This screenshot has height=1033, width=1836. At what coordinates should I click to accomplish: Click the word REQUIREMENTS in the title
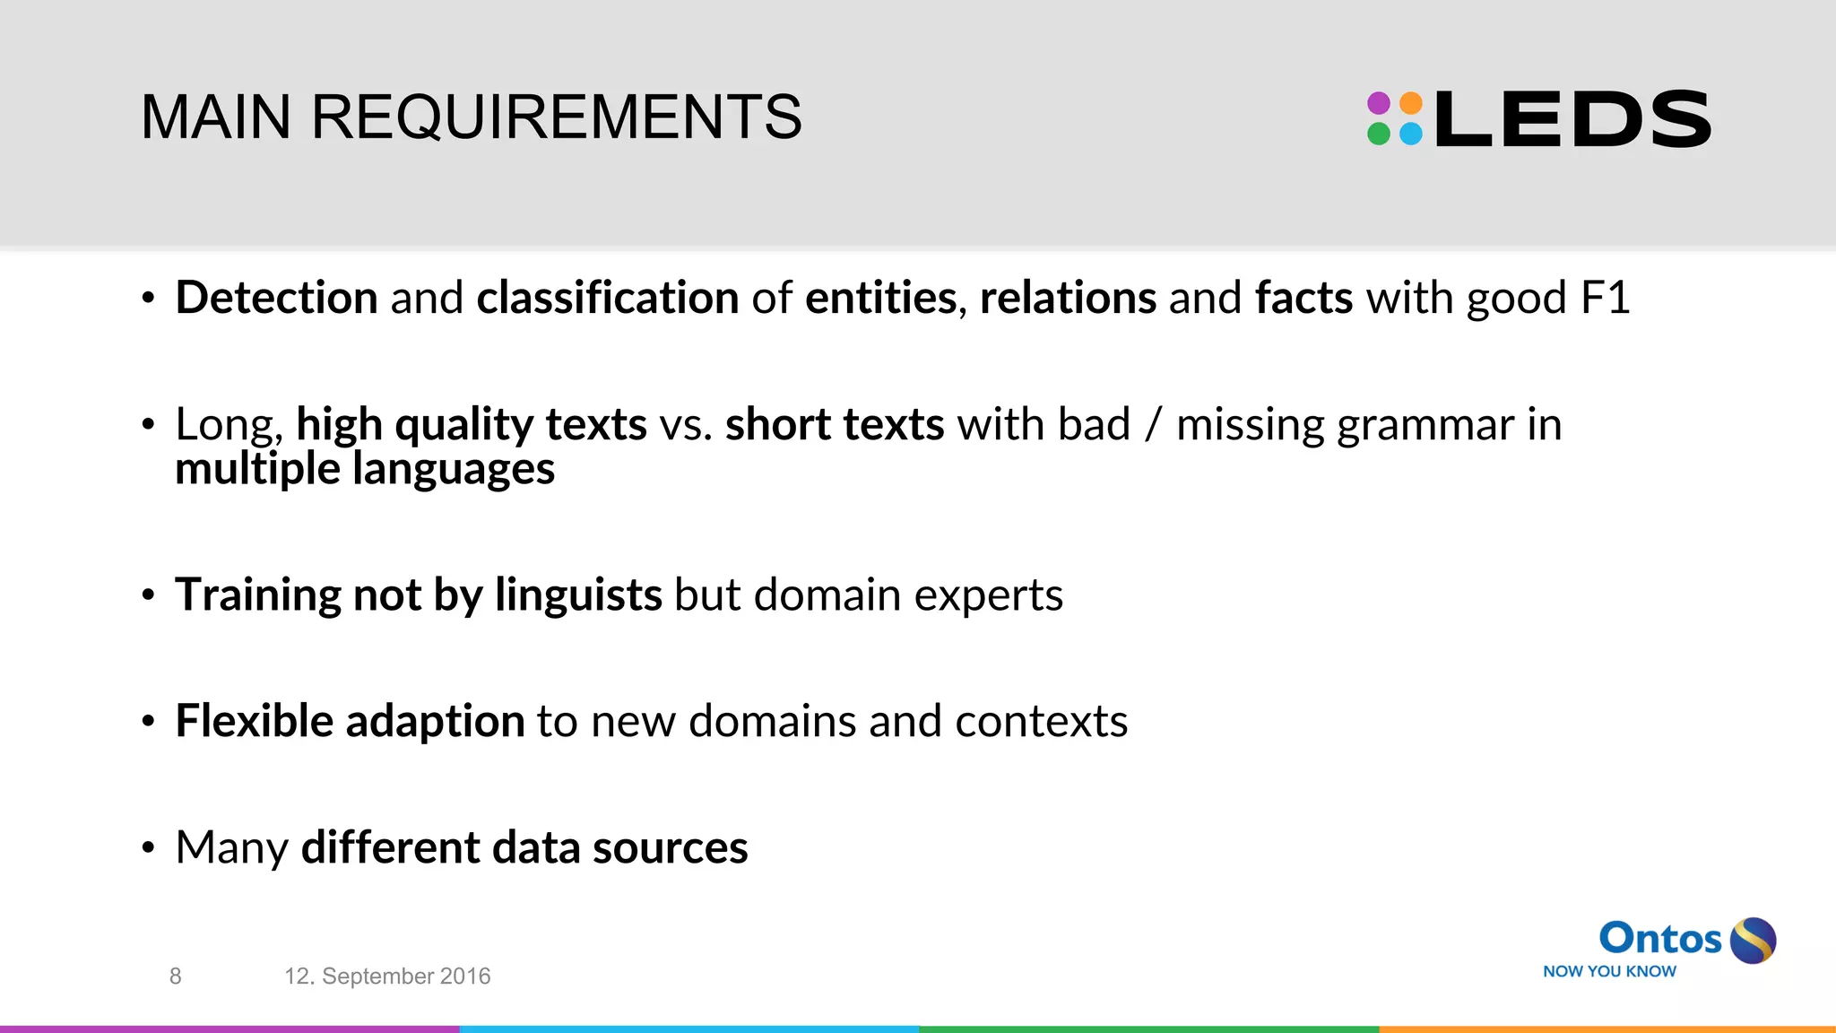[556, 117]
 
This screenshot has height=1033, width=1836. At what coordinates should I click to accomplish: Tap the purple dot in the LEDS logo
[1379, 103]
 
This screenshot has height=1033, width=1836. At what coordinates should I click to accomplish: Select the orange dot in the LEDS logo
[1411, 103]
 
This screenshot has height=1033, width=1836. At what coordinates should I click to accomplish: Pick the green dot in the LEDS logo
[1379, 135]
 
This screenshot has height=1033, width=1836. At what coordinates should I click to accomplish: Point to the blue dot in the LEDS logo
[1411, 135]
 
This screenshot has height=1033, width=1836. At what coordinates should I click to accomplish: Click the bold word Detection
[276, 298]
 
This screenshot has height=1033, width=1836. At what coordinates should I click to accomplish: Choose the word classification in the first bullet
[607, 298]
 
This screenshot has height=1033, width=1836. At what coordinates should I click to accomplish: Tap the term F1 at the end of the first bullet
[1605, 298]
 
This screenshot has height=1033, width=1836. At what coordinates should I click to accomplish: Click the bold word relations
[1068, 298]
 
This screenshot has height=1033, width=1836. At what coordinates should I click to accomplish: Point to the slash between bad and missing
[1153, 425]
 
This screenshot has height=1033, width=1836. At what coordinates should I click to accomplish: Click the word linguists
[578, 595]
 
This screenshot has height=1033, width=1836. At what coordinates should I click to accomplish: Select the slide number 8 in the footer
[176, 977]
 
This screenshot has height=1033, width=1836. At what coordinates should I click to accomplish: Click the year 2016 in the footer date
[464, 977]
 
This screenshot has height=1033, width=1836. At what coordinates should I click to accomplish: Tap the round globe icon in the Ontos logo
[1753, 941]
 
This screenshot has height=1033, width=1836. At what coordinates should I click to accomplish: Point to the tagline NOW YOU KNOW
[1609, 971]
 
